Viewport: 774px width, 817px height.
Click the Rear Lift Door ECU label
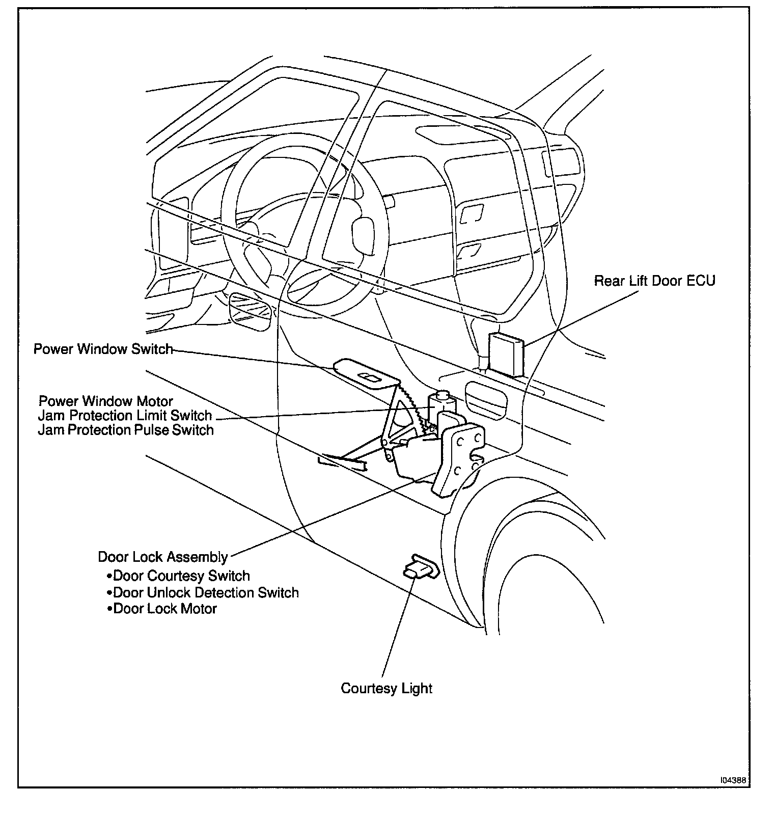654,281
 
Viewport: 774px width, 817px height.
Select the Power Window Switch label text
103,349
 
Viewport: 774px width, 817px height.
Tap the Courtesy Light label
386,688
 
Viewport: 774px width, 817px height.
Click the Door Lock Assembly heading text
162,557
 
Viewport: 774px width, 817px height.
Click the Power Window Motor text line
105,401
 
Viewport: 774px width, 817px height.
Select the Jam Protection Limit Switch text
125,416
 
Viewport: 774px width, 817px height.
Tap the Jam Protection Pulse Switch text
126,430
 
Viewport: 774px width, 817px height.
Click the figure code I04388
733,780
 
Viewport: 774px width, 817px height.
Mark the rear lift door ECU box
506,354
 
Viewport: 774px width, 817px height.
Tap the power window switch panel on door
365,374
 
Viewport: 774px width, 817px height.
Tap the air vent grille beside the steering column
250,308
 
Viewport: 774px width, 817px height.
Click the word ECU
700,281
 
